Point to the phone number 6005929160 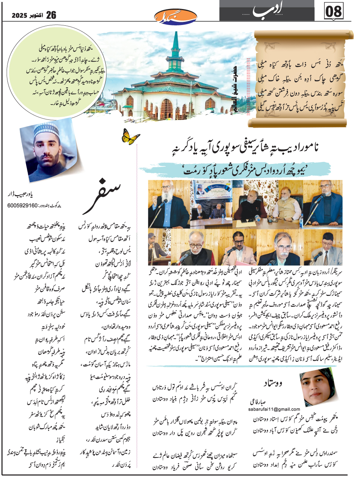[26, 205]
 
